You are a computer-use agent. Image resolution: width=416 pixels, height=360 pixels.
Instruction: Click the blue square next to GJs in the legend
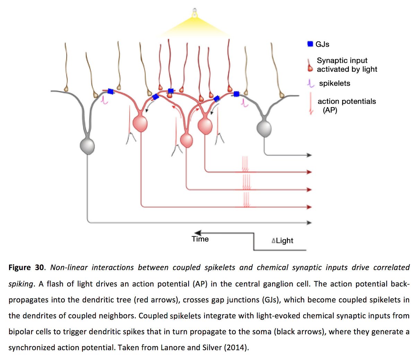[310, 44]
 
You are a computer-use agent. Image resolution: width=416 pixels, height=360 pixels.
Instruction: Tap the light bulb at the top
[195, 13]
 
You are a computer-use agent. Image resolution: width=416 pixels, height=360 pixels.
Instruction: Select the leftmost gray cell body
[87, 146]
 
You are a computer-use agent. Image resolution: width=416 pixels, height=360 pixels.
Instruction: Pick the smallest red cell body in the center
[187, 140]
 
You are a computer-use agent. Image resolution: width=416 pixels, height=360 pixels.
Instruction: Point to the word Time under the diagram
[200, 239]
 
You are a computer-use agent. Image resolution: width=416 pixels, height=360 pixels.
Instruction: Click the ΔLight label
[283, 240]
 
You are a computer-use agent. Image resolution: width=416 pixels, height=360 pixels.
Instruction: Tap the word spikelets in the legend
[335, 83]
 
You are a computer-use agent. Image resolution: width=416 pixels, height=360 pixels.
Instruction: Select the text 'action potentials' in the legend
[347, 101]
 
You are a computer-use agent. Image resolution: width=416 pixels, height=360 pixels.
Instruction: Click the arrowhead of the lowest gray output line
[310, 223]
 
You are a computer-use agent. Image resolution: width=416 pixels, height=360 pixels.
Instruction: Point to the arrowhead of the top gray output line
[310, 155]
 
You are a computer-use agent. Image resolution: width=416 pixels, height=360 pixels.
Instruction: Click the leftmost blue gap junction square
[110, 91]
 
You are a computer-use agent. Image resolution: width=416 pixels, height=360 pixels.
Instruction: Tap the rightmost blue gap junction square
[236, 94]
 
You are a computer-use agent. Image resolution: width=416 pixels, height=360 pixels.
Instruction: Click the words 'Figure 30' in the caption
[26, 267]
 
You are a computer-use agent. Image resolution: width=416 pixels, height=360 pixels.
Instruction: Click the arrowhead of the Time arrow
[198, 233]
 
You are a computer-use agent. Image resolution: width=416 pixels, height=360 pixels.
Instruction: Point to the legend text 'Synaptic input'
[342, 60]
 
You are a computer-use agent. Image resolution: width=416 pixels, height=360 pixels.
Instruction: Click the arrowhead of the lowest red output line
[310, 207]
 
